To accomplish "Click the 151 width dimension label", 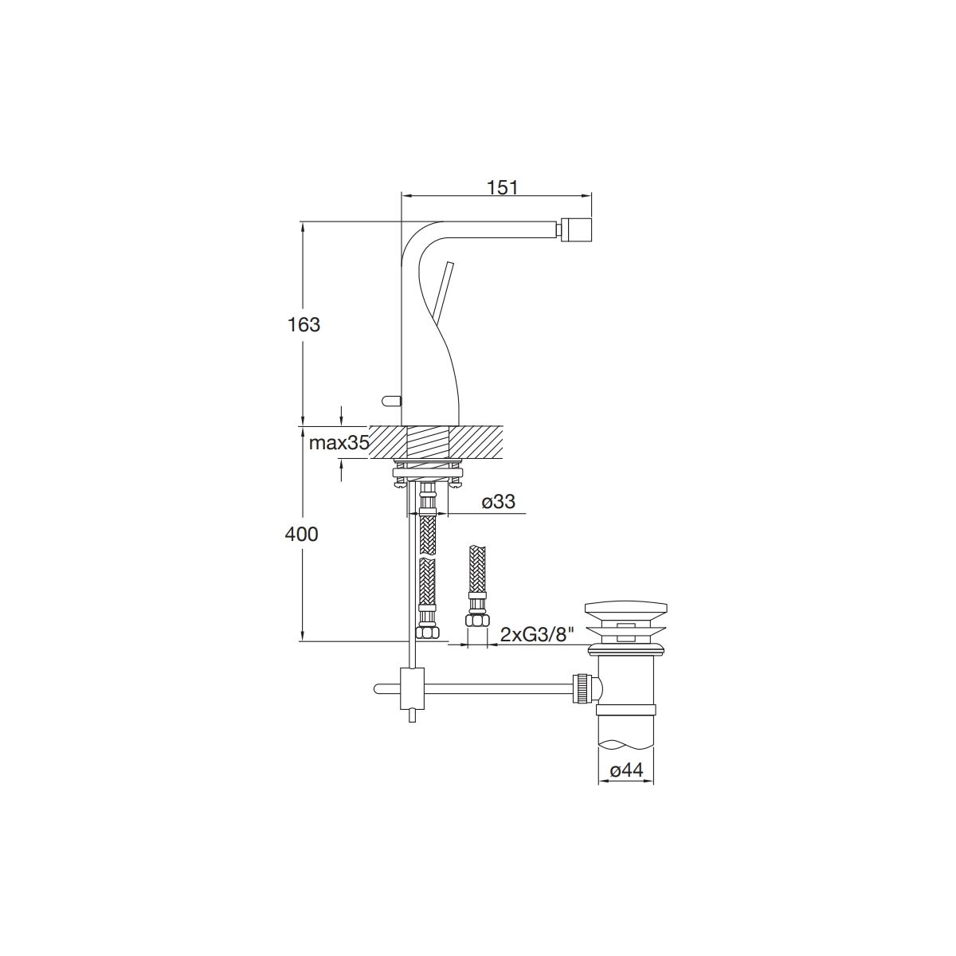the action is pos(502,188).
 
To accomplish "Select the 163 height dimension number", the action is pos(304,324).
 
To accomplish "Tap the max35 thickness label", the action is pos(339,442).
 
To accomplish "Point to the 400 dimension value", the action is pos(302,535).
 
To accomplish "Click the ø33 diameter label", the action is pos(499,502).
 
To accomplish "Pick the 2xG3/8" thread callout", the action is pos(537,635).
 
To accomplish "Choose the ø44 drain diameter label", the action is pos(626,770).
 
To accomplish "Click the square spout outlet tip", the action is pos(576,230).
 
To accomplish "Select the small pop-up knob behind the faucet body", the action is pos(391,399).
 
